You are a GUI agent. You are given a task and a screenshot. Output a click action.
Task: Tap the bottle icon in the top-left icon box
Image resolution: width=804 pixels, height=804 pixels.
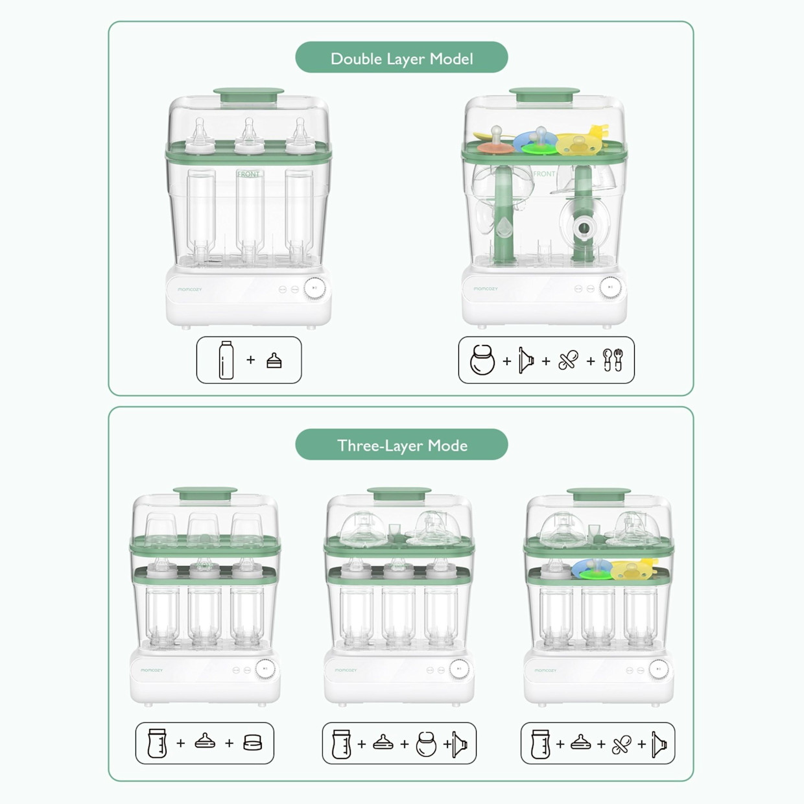(x=226, y=361)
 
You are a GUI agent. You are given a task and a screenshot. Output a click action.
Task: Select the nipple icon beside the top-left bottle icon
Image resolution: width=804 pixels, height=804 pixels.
(x=274, y=361)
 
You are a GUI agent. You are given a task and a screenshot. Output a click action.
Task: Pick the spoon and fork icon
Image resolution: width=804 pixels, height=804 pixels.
(x=612, y=360)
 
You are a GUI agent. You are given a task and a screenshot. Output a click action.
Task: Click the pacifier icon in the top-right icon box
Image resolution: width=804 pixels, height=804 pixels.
(x=568, y=361)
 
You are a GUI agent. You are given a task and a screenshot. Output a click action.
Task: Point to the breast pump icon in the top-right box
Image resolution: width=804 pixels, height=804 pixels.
(x=482, y=361)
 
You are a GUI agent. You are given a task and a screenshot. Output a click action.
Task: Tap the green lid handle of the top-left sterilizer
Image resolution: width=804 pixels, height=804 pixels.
(x=249, y=95)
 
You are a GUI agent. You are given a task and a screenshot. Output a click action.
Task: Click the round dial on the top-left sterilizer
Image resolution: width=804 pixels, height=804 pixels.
(x=316, y=288)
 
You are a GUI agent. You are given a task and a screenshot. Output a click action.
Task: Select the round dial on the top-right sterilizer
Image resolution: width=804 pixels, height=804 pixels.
(x=610, y=287)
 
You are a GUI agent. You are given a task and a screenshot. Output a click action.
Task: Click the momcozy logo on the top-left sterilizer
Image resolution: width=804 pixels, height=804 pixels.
(x=190, y=289)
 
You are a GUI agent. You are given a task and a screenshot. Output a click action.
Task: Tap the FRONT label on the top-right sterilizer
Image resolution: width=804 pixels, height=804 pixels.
(x=544, y=174)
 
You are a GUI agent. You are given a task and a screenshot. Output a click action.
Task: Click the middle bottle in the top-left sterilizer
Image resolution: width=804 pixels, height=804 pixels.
(x=249, y=214)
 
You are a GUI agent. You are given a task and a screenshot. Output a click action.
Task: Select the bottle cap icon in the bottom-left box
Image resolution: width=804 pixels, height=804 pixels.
(x=253, y=743)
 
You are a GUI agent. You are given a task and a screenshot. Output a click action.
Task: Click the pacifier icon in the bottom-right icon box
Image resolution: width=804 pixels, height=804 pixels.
(x=621, y=744)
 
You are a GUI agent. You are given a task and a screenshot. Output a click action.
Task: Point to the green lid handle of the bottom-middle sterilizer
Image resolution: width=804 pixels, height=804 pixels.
(x=399, y=493)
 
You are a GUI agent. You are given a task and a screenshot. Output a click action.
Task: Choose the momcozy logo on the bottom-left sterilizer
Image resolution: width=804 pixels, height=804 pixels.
(x=152, y=670)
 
